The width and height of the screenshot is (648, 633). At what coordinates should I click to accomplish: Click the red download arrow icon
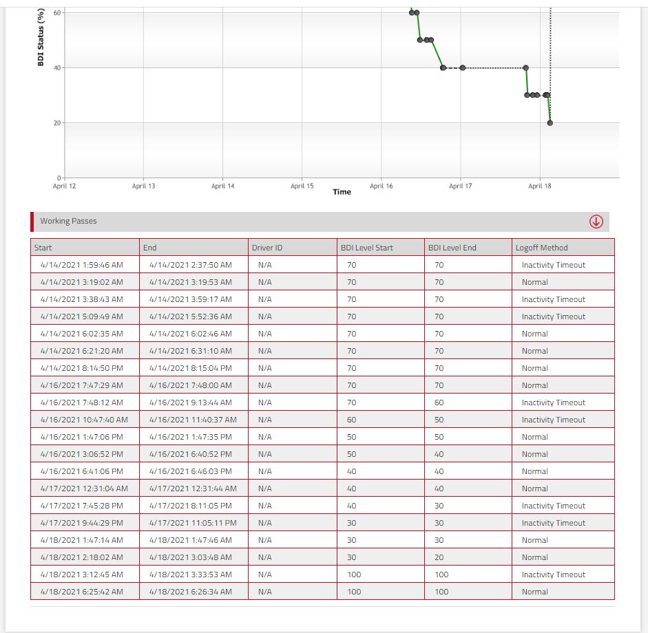tap(596, 222)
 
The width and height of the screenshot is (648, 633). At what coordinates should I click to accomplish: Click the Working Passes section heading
tap(68, 221)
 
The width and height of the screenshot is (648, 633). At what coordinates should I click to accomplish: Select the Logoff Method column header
tap(541, 248)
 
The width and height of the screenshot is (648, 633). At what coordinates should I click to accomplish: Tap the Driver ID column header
tap(267, 248)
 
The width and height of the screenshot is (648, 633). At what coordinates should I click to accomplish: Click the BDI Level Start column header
tap(366, 248)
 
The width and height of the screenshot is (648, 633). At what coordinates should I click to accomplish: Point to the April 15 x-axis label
tap(302, 186)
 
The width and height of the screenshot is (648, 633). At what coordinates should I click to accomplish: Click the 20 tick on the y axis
tap(57, 122)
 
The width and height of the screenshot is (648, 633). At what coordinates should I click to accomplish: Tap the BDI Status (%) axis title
tap(41, 37)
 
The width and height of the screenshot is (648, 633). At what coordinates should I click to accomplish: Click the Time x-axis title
tap(342, 191)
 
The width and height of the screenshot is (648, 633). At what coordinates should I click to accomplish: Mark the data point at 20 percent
tap(550, 122)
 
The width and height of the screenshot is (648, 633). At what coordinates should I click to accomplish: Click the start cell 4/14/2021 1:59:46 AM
tap(82, 265)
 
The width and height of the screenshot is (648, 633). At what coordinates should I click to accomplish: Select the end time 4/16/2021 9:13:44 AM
tap(191, 403)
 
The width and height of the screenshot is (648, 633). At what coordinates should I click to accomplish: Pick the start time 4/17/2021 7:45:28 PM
tap(82, 506)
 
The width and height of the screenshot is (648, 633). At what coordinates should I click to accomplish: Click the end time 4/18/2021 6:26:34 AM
tap(191, 592)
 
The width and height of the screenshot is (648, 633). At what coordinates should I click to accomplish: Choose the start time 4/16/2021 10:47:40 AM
tap(84, 420)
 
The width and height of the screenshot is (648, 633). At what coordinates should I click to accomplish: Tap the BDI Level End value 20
tap(439, 557)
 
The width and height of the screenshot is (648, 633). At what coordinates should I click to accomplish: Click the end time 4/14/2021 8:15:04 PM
tap(191, 368)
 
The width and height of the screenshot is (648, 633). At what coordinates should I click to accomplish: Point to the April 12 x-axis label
tap(64, 186)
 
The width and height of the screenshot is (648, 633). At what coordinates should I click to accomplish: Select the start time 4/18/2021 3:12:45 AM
tap(82, 575)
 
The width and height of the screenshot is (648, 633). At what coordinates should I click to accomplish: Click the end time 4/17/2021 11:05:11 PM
tap(193, 523)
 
